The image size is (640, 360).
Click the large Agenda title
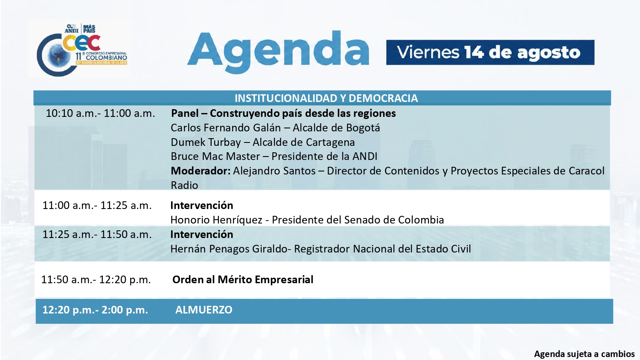coord(278,52)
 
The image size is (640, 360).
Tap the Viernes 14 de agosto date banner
coord(490,52)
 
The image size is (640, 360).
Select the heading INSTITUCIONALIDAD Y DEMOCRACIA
coord(326,98)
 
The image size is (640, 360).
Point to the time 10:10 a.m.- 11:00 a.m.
coord(100,113)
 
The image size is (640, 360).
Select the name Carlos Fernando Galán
coord(226,128)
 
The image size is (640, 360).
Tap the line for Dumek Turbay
coord(263,142)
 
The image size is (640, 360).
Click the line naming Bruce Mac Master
coord(274,156)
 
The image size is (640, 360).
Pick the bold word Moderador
coord(201,171)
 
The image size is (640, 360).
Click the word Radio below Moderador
coord(184,185)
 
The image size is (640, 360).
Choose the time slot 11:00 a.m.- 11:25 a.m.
coord(97,206)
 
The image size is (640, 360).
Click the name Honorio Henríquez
coord(216,220)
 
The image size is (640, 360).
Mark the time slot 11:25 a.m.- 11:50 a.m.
coord(97,234)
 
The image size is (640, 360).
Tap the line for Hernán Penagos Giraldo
coord(320,249)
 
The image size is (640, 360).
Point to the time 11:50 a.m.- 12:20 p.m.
coord(96,279)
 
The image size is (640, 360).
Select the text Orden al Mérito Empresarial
coord(243,279)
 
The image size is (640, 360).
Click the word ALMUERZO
coord(204,310)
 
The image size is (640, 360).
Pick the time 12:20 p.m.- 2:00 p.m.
coord(96,310)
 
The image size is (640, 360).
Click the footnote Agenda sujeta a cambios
coord(584,354)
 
